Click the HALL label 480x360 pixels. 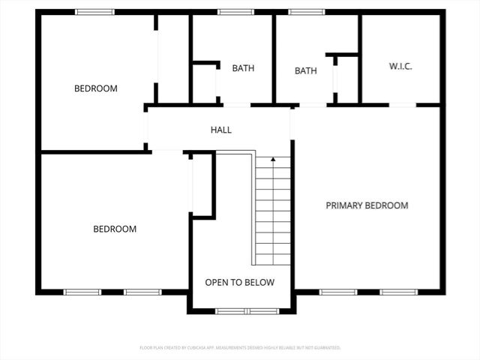tap(220, 130)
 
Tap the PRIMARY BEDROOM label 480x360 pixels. tap(367, 205)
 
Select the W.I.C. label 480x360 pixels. tap(400, 67)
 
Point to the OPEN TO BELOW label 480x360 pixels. tap(240, 283)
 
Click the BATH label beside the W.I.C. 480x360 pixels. tap(305, 71)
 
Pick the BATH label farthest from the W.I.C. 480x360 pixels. tap(242, 68)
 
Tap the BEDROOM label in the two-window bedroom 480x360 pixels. tap(115, 229)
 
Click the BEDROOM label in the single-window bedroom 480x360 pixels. tap(95, 88)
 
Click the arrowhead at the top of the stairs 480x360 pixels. tap(273, 159)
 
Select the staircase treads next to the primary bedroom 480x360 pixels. tap(273, 214)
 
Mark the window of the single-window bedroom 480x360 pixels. tap(95, 12)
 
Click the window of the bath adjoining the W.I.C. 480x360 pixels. tap(305, 12)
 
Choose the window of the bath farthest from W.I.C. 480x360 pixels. tap(235, 12)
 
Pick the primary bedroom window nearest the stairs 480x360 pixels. tap(338, 292)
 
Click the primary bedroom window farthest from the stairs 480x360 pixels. tap(398, 292)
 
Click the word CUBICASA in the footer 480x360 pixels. tap(196, 348)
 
